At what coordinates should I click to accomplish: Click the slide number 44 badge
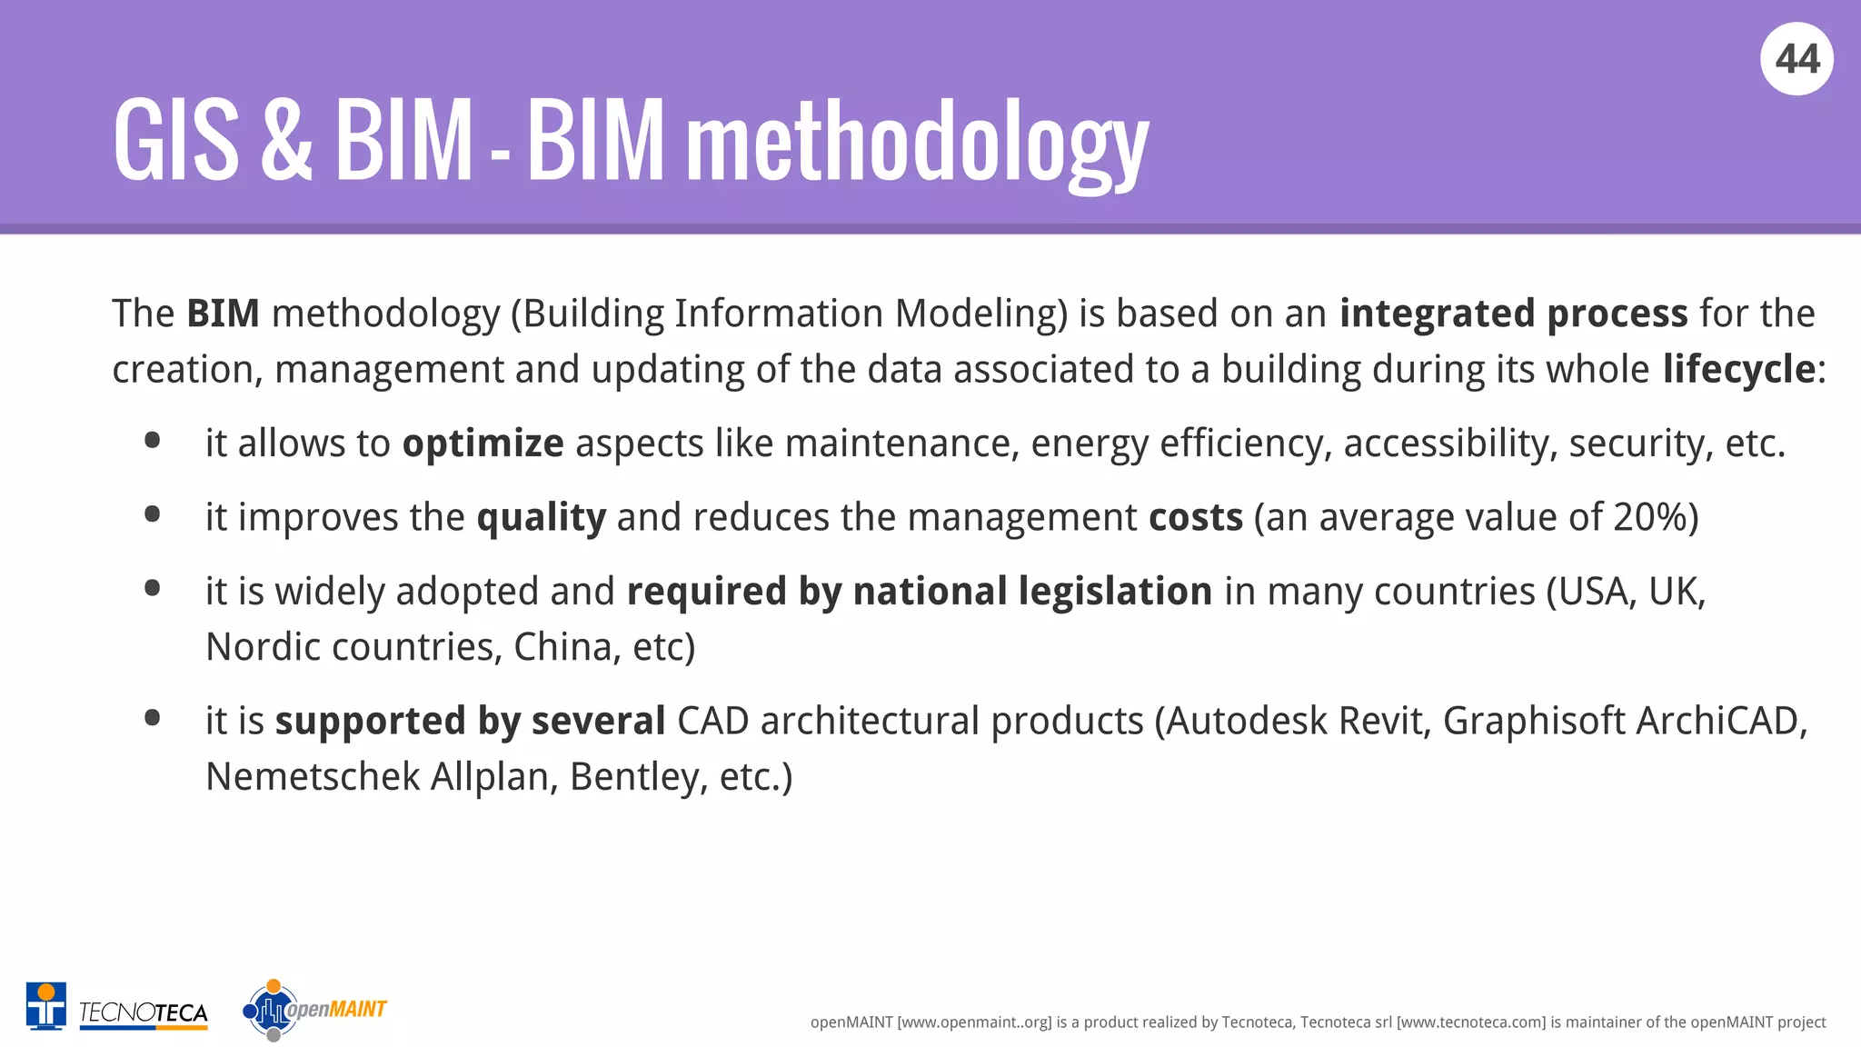pyautogui.click(x=1796, y=59)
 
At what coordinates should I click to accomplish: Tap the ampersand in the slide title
pyautogui.click(x=286, y=142)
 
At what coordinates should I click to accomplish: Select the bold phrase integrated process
pyautogui.click(x=1513, y=314)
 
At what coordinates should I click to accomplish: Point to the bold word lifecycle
pyautogui.click(x=1738, y=370)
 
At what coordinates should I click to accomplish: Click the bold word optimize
pyautogui.click(x=483, y=444)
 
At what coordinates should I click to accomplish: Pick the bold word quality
pyautogui.click(x=541, y=518)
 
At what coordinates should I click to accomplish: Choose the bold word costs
pyautogui.click(x=1195, y=518)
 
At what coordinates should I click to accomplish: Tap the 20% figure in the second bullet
pyautogui.click(x=1649, y=518)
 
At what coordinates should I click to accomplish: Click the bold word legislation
pyautogui.click(x=1115, y=592)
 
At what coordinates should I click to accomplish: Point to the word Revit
pyautogui.click(x=1384, y=722)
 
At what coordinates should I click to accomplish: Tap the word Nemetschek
pyautogui.click(x=312, y=778)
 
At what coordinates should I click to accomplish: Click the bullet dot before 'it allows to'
pyautogui.click(x=153, y=442)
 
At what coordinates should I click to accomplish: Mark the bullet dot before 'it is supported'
pyautogui.click(x=153, y=719)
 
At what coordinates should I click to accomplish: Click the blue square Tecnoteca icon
pyautogui.click(x=45, y=1006)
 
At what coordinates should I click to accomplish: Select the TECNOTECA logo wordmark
pyautogui.click(x=144, y=1012)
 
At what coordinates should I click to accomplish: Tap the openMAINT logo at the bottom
pyautogui.click(x=314, y=1010)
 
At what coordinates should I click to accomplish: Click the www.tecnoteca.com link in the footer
pyautogui.click(x=1470, y=1022)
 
